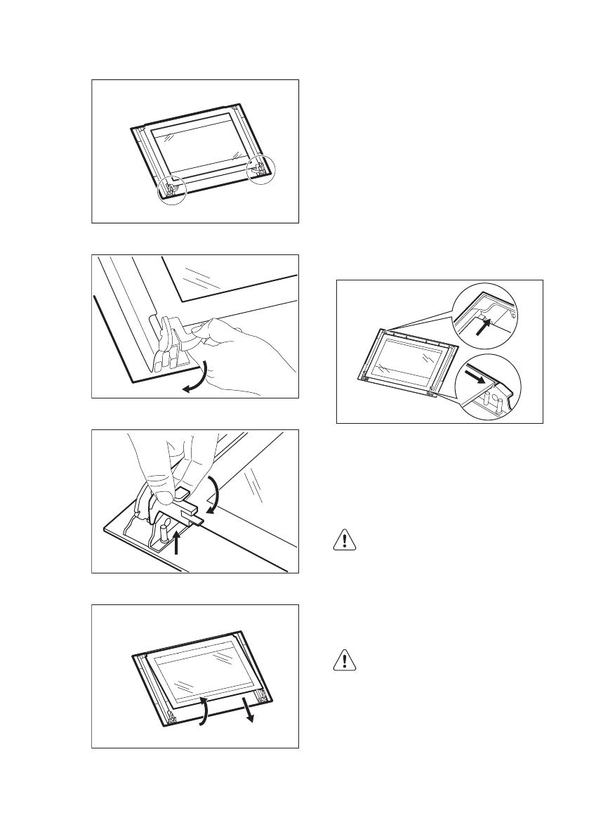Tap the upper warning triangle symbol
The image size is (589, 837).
(344, 540)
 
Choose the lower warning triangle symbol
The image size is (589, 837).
(344, 659)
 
